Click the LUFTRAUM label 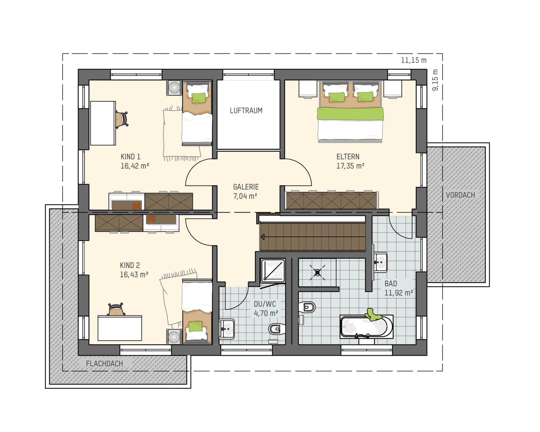pyautogui.click(x=246, y=111)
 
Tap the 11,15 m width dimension pyautogui.click(x=413, y=60)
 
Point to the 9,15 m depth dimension pyautogui.click(x=435, y=80)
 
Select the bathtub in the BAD pyautogui.click(x=366, y=327)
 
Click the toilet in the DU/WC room pyautogui.click(x=277, y=329)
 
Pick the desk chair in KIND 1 pyautogui.click(x=122, y=119)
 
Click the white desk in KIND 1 pyautogui.click(x=103, y=123)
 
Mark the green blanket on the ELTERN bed pyautogui.click(x=350, y=114)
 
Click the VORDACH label pyautogui.click(x=460, y=195)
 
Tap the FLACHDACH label pyautogui.click(x=104, y=364)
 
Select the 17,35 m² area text pyautogui.click(x=350, y=166)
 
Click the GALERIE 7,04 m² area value pyautogui.click(x=245, y=196)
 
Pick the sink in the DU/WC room pyautogui.click(x=227, y=328)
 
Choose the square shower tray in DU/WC pyautogui.click(x=273, y=271)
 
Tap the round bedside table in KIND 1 pyautogui.click(x=174, y=88)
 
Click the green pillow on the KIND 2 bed pyautogui.click(x=195, y=327)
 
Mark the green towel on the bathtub pyautogui.click(x=373, y=315)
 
